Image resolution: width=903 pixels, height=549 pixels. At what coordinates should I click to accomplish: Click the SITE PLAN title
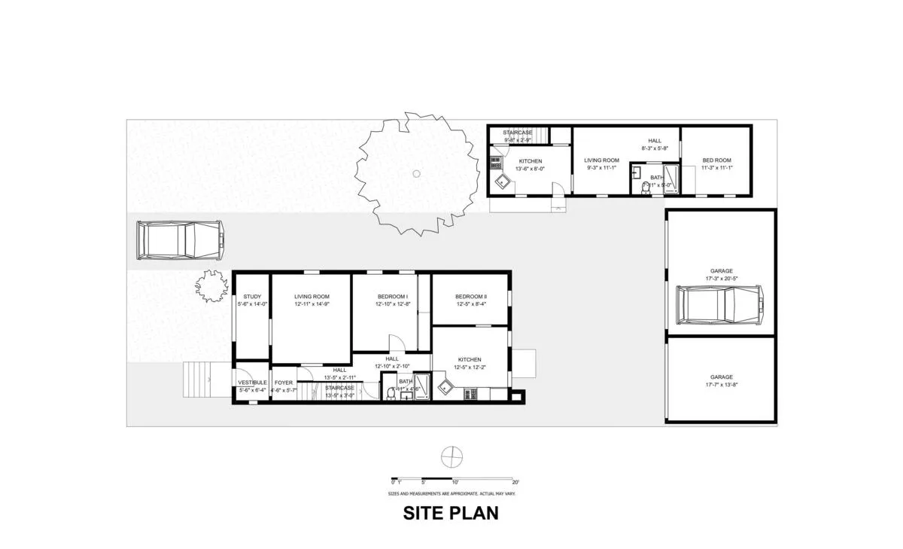[x=451, y=514]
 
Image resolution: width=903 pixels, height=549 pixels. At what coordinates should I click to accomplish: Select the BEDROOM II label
[x=471, y=297]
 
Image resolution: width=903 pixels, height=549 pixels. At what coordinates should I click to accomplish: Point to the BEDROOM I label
[x=391, y=297]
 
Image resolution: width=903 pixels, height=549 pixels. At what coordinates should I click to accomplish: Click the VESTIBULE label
[x=252, y=383]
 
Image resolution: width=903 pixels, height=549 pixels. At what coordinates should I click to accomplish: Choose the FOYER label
[x=284, y=383]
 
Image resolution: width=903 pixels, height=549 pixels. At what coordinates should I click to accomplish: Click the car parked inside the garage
[x=721, y=305]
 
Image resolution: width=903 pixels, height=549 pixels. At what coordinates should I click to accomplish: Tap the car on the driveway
[x=180, y=240]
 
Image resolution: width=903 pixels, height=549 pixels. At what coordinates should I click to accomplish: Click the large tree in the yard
[x=416, y=175]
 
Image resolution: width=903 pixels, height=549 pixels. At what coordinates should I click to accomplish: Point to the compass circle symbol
[x=450, y=456]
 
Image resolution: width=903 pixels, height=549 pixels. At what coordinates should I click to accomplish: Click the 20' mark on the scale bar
[x=515, y=482]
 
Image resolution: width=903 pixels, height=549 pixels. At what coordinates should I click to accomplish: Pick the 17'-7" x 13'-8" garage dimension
[x=722, y=385]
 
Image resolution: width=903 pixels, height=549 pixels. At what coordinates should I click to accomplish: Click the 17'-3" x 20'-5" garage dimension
[x=722, y=279]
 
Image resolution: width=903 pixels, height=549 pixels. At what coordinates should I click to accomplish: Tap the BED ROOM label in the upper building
[x=717, y=160]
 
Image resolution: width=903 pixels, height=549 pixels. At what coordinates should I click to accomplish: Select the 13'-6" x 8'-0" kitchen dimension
[x=530, y=169]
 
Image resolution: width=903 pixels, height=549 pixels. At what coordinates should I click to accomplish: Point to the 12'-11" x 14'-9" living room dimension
[x=312, y=304]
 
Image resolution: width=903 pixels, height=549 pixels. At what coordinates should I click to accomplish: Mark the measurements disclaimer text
[x=451, y=493]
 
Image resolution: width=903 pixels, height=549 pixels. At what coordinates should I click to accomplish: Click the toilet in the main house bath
[x=391, y=394]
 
